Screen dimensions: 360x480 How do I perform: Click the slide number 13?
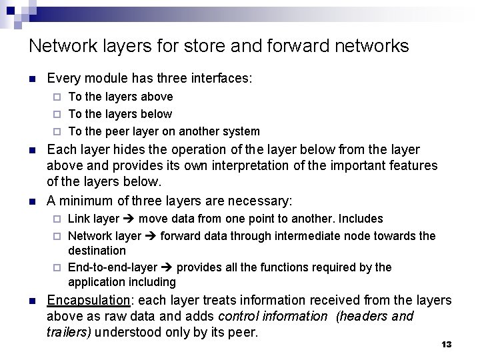pos(447,344)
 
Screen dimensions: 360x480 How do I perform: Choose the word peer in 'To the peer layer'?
pos(121,131)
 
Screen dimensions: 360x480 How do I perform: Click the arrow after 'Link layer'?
pos(129,219)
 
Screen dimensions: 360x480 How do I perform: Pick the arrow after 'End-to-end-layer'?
pos(166,267)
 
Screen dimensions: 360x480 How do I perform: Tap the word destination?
pos(97,251)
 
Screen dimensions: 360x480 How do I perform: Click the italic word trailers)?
pos(69,331)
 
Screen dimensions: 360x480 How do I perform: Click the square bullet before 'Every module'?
pos(32,79)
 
